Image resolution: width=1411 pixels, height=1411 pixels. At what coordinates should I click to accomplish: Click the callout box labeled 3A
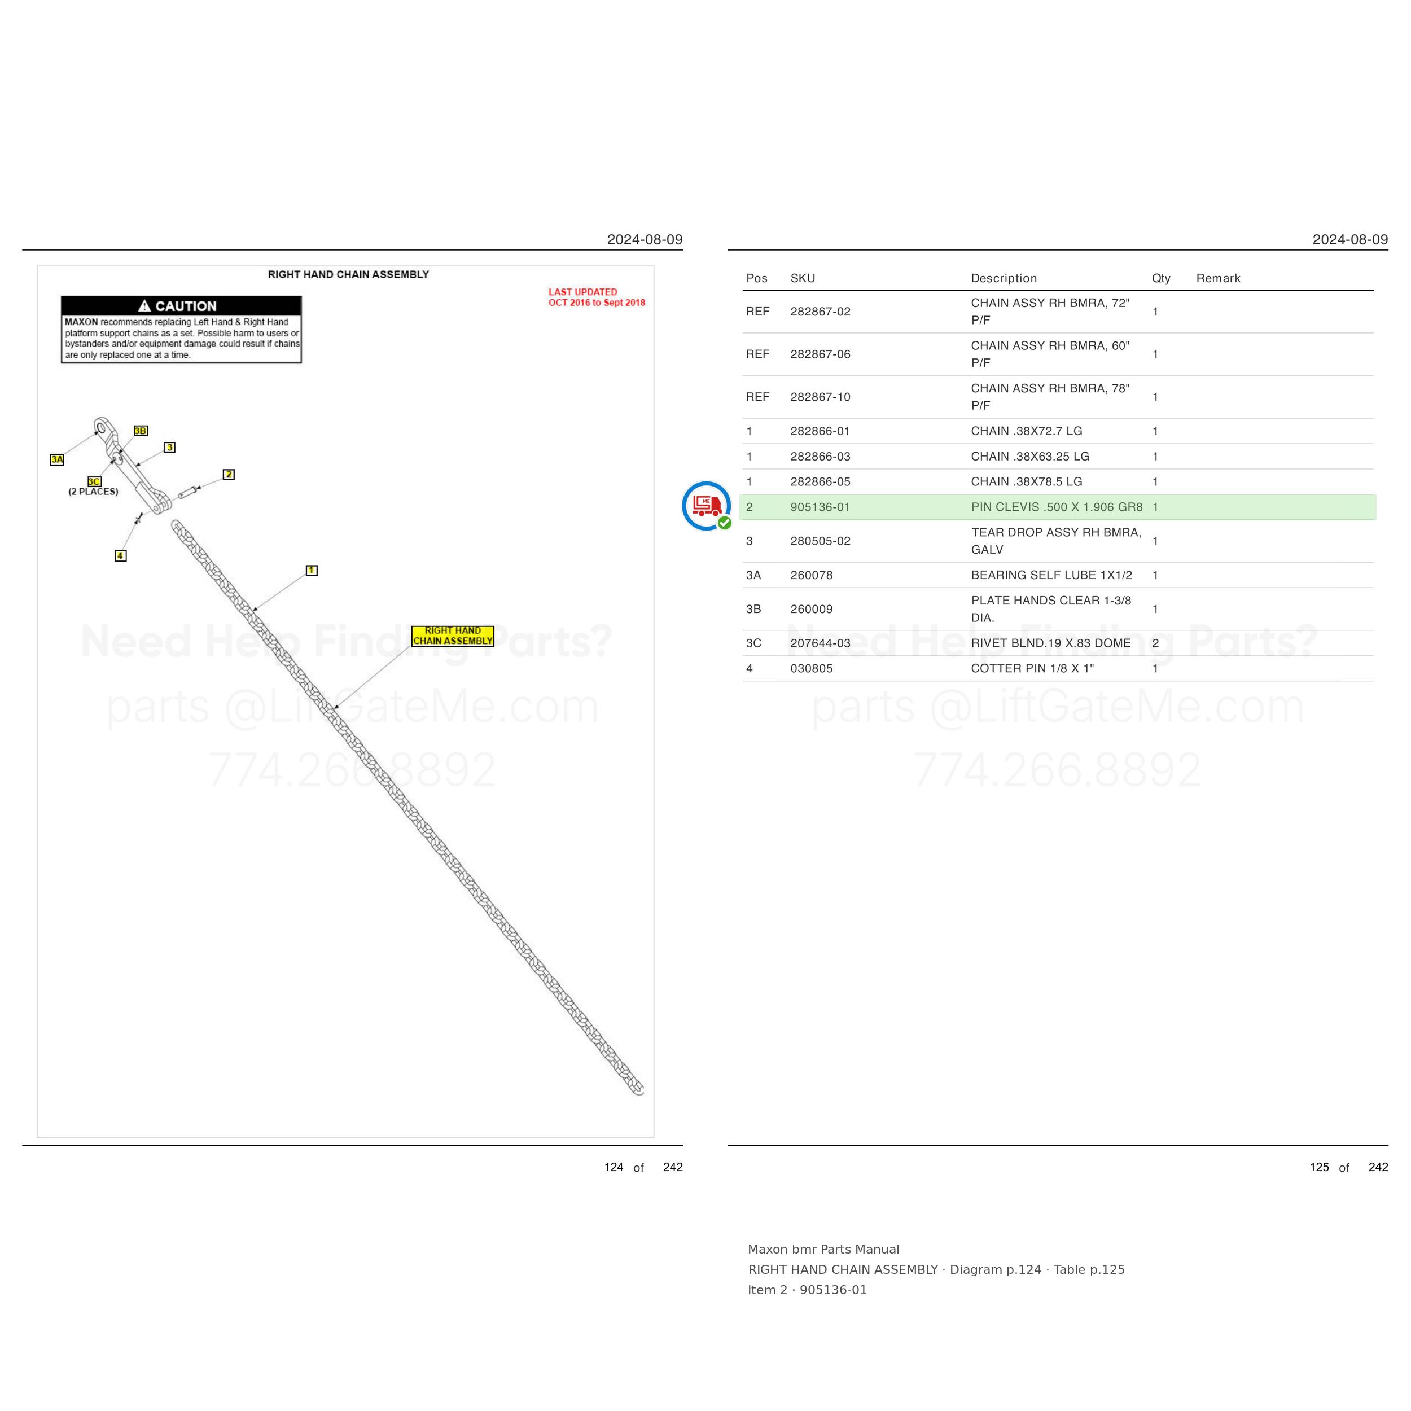[x=57, y=459]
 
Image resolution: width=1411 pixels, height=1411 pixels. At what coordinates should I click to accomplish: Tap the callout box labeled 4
[x=121, y=556]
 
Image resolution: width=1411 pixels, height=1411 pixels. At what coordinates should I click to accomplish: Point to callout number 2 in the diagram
[x=229, y=475]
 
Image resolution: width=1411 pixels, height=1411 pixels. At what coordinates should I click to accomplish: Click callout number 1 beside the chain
[x=312, y=571]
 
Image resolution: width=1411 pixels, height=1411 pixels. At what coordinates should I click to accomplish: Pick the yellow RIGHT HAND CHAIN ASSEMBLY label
[x=453, y=636]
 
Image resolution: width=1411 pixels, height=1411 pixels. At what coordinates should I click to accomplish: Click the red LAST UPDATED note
[x=597, y=297]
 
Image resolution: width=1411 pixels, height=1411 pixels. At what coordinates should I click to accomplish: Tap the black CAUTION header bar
[x=181, y=306]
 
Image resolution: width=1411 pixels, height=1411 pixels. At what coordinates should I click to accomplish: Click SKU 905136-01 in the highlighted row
[x=820, y=507]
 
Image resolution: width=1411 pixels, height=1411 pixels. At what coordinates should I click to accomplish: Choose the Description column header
[x=1004, y=278]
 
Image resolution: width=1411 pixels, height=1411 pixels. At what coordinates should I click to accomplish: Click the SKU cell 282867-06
[x=820, y=354]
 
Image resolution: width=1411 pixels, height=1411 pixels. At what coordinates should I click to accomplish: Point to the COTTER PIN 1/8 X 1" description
[x=1032, y=668]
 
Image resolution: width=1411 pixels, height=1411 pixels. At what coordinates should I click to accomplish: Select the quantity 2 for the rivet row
[x=1155, y=643]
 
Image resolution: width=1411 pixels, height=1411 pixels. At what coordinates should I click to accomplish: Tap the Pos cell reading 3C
[x=753, y=643]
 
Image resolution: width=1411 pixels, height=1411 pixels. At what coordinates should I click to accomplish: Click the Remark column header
[x=1218, y=278]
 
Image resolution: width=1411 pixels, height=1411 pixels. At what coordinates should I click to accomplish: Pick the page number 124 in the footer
[x=614, y=1167]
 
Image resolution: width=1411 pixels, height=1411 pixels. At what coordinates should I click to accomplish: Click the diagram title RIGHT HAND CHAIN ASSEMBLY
[x=348, y=275]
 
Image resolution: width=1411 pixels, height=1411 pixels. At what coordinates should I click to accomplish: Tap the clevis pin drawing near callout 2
[x=188, y=492]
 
